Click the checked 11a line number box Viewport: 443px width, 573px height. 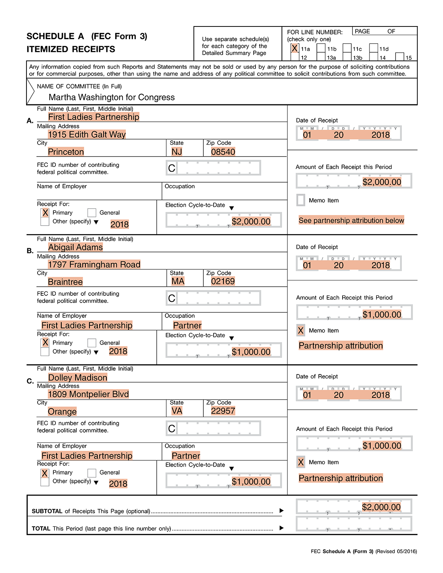pyautogui.click(x=295, y=48)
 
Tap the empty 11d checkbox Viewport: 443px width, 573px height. pyautogui.click(x=373, y=48)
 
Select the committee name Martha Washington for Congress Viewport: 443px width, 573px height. pyautogui.click(x=112, y=97)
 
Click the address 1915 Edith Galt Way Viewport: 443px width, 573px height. pyautogui.click(x=87, y=134)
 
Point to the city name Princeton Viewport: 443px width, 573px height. pyautogui.click(x=66, y=152)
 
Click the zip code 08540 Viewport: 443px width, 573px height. pyautogui.click(x=223, y=152)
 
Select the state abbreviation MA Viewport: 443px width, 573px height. pyautogui.click(x=178, y=281)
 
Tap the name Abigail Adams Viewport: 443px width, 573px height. pyautogui.click(x=75, y=247)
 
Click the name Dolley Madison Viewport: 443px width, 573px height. pyautogui.click(x=78, y=378)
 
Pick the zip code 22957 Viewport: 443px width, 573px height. pyautogui.click(x=223, y=411)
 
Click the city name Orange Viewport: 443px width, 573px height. pyautogui.click(x=62, y=412)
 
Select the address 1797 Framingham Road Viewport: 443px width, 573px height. pyautogui.click(x=94, y=265)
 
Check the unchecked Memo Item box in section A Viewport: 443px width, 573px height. pyautogui.click(x=301, y=200)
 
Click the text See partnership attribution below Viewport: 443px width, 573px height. pyautogui.click(x=351, y=220)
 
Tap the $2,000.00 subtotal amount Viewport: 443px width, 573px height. pyautogui.click(x=381, y=507)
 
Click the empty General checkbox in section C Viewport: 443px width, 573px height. pyautogui.click(x=92, y=473)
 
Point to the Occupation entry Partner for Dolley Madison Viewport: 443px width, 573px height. pyautogui.click(x=186, y=456)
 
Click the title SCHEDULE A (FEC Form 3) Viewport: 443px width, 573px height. pyautogui.click(x=87, y=36)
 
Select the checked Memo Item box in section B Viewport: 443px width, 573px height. pyautogui.click(x=301, y=331)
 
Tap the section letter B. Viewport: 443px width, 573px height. pyautogui.click(x=30, y=251)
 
